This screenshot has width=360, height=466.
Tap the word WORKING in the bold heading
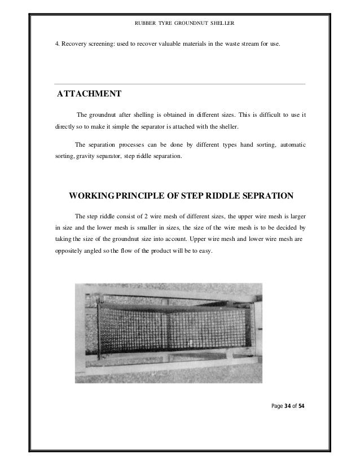tap(90, 196)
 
